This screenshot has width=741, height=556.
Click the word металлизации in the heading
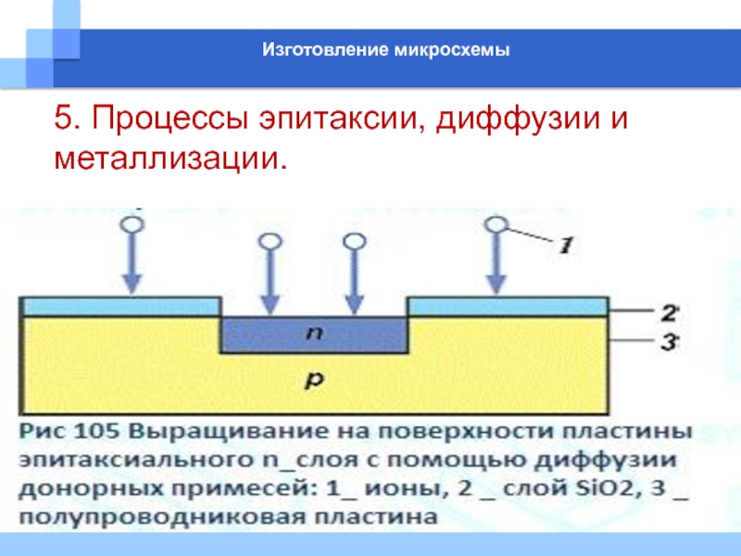pos(167,160)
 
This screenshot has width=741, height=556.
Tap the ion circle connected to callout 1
pos(496,223)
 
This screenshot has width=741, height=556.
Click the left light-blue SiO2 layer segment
pos(120,306)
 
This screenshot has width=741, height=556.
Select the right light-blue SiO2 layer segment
pos(508,306)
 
